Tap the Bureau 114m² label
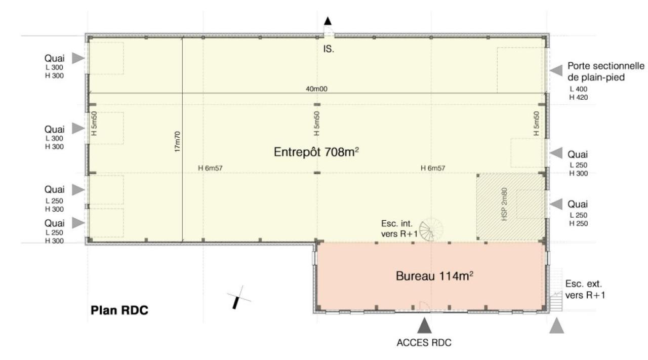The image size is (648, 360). (436, 276)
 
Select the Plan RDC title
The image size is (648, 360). (119, 310)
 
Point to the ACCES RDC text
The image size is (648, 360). (424, 343)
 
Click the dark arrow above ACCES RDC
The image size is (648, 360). (424, 324)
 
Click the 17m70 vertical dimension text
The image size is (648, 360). (177, 142)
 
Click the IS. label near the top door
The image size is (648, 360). (329, 50)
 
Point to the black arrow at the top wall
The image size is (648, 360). (328, 21)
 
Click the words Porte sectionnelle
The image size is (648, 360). (606, 66)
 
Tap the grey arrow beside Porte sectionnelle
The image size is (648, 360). (556, 71)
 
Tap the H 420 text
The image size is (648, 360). (578, 97)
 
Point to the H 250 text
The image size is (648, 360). (578, 223)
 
